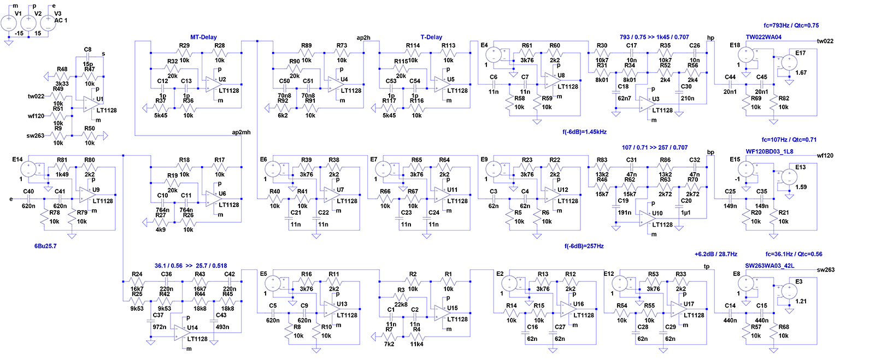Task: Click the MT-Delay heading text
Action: click(203, 37)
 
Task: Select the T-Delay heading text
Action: click(431, 37)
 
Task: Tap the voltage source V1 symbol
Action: click(9, 23)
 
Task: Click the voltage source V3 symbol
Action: click(48, 23)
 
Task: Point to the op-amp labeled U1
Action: click(91, 104)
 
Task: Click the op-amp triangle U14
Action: click(183, 333)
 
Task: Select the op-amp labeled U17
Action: click(679, 309)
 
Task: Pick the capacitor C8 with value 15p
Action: click(87, 57)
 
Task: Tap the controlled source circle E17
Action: click(789, 63)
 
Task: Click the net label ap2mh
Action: click(241, 132)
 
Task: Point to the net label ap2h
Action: click(363, 38)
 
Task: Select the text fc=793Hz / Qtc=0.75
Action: click(791, 25)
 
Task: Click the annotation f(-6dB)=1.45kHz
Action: click(584, 132)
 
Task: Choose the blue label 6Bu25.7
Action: click(45, 246)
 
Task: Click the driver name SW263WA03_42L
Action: click(770, 265)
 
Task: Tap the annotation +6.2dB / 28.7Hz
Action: click(716, 254)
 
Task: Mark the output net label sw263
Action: click(826, 270)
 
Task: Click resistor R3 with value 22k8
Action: click(401, 297)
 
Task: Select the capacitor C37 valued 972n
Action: click(151, 321)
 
